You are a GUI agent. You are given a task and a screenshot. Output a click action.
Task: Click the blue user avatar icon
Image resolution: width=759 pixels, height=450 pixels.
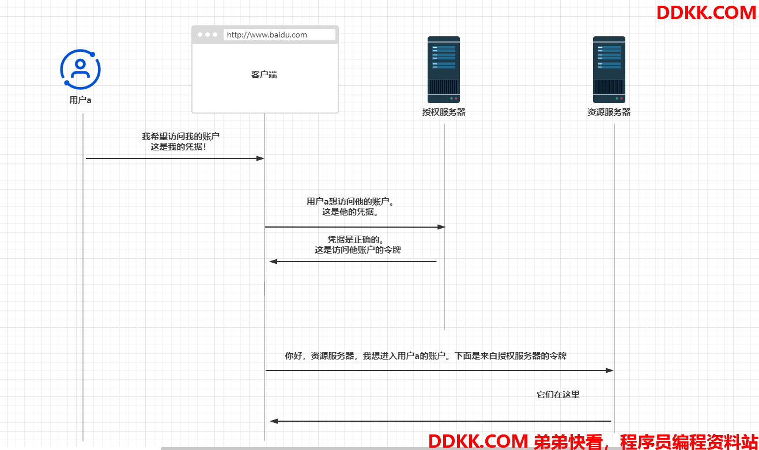tap(80, 70)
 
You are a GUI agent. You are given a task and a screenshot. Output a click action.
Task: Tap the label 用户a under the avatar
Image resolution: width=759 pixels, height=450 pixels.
tap(80, 100)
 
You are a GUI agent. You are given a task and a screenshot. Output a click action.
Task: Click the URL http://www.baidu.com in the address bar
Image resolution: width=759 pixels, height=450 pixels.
tap(267, 35)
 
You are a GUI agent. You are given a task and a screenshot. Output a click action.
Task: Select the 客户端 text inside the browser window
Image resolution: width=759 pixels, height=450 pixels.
tap(264, 74)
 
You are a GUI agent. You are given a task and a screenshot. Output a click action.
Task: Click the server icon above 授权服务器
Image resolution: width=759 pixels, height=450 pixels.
tap(444, 70)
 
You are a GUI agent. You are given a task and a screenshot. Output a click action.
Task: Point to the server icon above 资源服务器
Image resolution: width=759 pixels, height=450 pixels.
tap(609, 70)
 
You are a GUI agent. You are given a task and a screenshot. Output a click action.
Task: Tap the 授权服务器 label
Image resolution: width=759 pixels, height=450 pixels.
tap(444, 112)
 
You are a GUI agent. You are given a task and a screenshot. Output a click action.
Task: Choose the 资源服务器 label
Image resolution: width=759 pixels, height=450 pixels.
tap(609, 112)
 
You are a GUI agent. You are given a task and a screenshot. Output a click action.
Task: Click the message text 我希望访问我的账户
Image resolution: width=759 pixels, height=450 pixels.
tap(180, 136)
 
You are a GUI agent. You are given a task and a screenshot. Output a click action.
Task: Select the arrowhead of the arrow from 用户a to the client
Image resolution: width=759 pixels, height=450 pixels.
tap(260, 158)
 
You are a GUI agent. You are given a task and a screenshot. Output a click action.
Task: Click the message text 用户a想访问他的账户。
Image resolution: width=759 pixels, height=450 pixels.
tap(350, 201)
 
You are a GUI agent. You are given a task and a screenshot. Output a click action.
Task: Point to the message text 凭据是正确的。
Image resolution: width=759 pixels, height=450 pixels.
tap(356, 239)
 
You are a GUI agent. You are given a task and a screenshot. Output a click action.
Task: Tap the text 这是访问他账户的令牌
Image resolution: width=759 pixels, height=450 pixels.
tap(358, 249)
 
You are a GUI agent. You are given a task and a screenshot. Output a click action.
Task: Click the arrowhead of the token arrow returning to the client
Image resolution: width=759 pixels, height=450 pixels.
tap(273, 262)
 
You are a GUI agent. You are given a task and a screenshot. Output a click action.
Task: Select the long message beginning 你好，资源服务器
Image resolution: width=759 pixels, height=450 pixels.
tap(425, 356)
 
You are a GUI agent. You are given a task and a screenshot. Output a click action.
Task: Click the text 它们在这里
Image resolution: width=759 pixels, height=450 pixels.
tap(558, 395)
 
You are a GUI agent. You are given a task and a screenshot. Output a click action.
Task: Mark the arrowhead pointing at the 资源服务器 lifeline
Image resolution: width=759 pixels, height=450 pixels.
tap(610, 370)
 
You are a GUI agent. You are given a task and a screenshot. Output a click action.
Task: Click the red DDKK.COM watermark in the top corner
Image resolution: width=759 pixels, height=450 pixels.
tap(706, 13)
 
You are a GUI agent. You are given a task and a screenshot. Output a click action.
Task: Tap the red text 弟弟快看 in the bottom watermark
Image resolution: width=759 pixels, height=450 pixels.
tap(568, 441)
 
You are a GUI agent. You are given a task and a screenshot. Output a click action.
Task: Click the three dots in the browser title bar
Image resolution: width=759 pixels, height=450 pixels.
tap(207, 35)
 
